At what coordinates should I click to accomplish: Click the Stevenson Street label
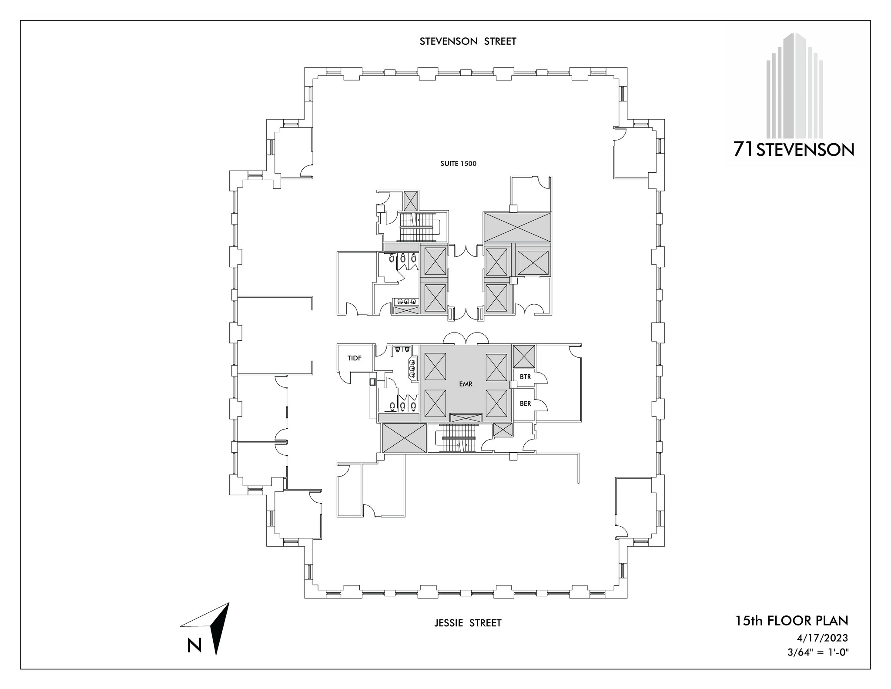[x=468, y=41]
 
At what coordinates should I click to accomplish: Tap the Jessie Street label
[x=468, y=623]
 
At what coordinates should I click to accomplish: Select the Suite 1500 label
[x=459, y=164]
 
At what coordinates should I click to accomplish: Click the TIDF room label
[x=355, y=358]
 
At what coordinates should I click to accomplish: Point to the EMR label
[x=466, y=384]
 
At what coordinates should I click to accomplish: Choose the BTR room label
[x=525, y=377]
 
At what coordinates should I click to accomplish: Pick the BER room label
[x=525, y=403]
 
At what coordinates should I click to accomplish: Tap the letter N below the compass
[x=194, y=645]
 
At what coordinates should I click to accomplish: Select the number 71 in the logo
[x=744, y=149]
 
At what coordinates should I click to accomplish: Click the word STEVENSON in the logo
[x=805, y=150]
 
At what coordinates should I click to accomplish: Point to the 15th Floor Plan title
[x=791, y=620]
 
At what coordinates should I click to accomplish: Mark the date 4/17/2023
[x=822, y=638]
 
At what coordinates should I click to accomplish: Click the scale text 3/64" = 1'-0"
[x=817, y=652]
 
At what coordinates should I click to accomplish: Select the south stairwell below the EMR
[x=458, y=438]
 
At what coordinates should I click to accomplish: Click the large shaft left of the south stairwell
[x=404, y=438]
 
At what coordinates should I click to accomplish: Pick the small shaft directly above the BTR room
[x=524, y=356]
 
